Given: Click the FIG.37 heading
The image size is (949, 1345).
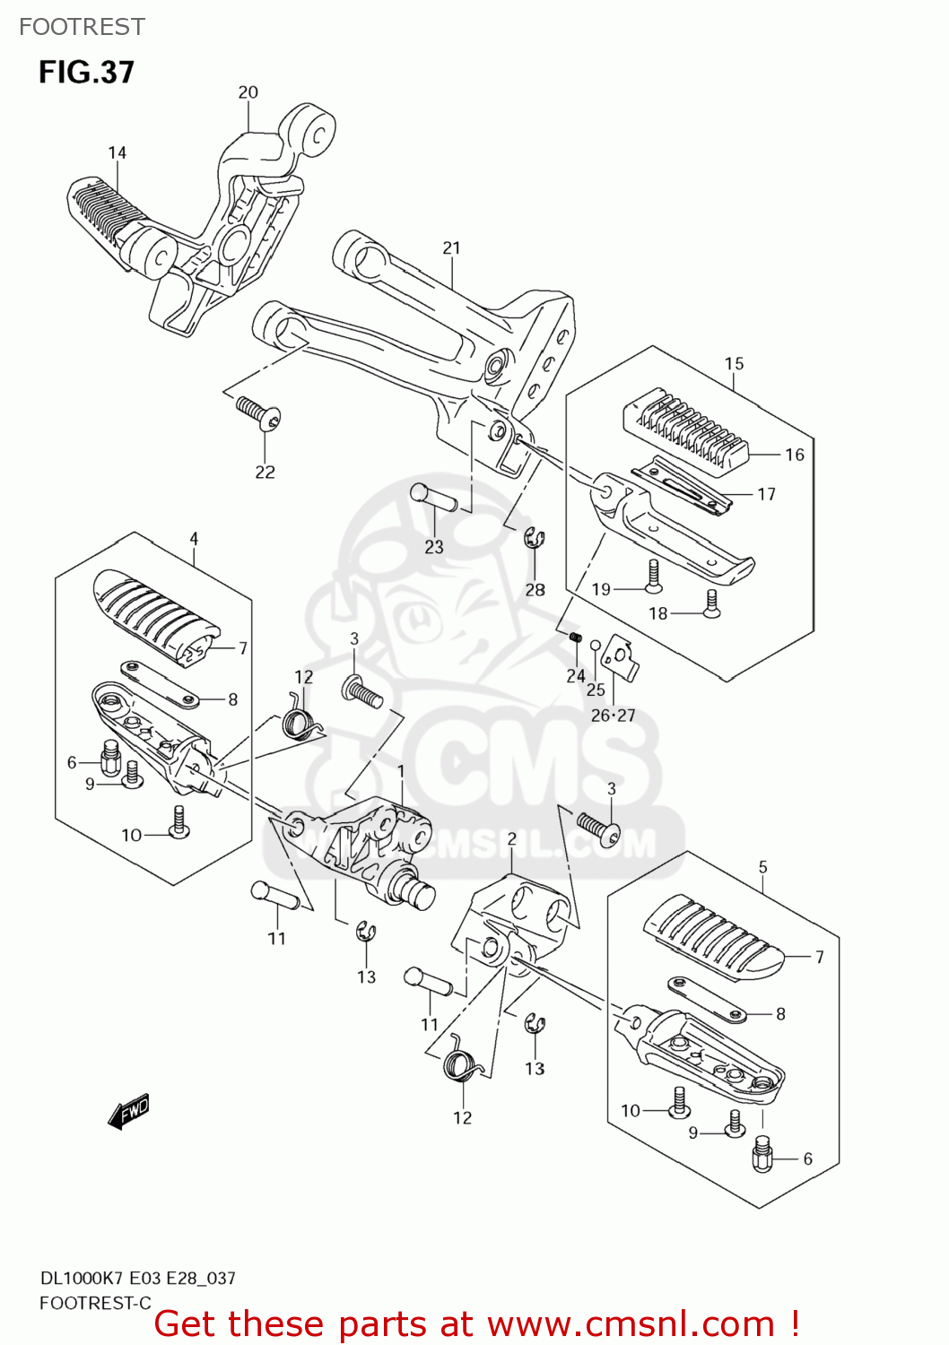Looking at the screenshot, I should point(86,73).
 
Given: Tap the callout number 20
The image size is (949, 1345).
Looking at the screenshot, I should point(248,92).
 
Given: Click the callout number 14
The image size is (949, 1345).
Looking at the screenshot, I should point(118,153).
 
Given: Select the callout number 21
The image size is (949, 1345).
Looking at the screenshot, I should point(451,248).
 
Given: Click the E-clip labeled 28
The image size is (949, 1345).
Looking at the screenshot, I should point(535,538).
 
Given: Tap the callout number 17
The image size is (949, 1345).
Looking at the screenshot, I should point(766,494).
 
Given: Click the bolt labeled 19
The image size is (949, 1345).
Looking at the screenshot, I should point(653,577).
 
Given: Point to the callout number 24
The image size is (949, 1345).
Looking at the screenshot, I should point(576,676).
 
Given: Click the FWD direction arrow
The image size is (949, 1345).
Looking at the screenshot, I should point(128,1111).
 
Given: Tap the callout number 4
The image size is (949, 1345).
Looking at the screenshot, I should point(194,539).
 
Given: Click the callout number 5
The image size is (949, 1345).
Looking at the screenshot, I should point(762,867).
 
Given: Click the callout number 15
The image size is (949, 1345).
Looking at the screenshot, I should point(734,364).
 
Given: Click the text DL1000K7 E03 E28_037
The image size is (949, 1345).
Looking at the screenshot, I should point(137,1278).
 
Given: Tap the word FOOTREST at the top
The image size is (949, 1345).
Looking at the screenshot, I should point(82,27).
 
